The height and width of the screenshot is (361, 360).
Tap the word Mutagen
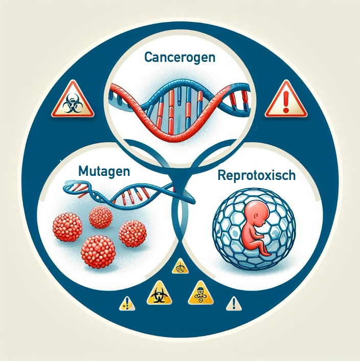(104, 171)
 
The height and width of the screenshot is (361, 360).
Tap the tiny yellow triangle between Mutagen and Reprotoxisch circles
(180, 266)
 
